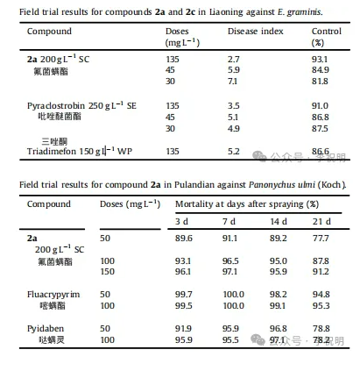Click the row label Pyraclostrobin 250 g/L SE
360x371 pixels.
click(x=71, y=105)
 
